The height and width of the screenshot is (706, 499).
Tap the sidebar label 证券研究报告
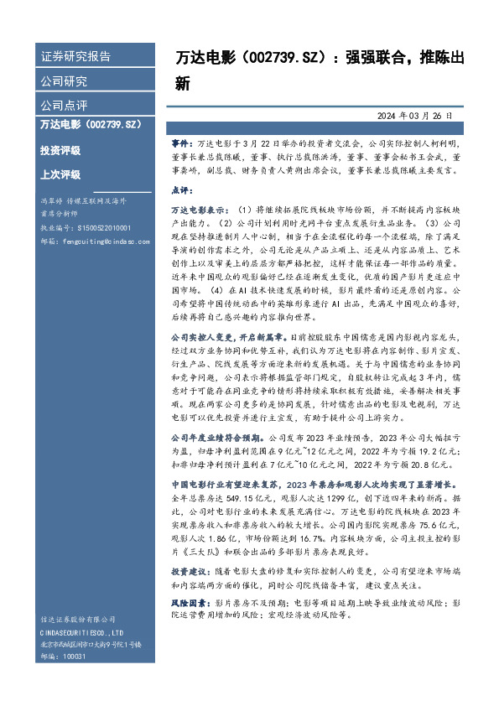point(75,57)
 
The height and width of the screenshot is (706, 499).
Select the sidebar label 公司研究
point(64,81)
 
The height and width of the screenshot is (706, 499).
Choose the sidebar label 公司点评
point(64,106)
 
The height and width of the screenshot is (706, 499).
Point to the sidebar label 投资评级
point(60,150)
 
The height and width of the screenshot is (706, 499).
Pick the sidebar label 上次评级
point(60,174)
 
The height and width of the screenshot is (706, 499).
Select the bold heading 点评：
point(182,189)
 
